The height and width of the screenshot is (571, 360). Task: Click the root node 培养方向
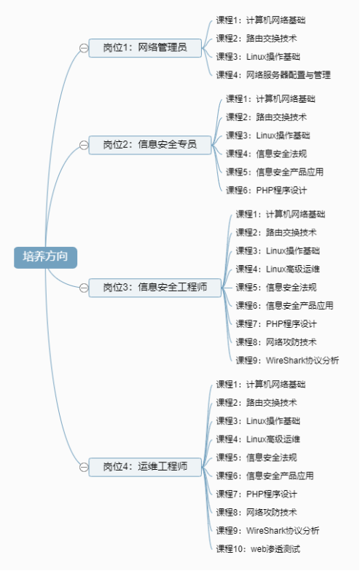coord(45,258)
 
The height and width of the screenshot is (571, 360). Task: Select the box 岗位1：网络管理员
coord(145,48)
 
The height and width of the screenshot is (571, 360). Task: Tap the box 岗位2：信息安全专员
coord(150,145)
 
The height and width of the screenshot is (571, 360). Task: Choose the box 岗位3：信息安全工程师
coord(154,288)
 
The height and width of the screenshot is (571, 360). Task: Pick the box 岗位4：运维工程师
coord(145,467)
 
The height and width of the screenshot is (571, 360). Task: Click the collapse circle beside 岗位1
coord(84,48)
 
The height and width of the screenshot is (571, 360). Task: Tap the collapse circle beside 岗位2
coord(84,146)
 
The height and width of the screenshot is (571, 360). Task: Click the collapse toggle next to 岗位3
coord(84,288)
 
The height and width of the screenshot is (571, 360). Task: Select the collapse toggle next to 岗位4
coord(84,468)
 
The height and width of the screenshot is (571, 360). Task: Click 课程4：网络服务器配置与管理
coord(273,75)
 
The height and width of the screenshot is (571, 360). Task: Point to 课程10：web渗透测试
coord(258,549)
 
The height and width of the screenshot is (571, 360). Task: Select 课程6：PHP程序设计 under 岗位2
coord(267,190)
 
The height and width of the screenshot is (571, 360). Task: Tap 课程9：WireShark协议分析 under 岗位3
coord(287,360)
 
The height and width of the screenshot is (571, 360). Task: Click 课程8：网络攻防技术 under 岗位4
coord(257,512)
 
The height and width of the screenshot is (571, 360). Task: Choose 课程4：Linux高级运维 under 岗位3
coord(278,269)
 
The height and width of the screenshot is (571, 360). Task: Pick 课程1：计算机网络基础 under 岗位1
coord(261,20)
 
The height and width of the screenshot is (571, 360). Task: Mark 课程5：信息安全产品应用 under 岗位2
coord(275,172)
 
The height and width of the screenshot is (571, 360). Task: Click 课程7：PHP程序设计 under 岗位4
coord(257,494)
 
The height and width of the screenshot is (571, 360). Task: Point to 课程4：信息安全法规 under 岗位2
coord(267,154)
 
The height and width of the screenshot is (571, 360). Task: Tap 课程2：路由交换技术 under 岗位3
coord(276,232)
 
